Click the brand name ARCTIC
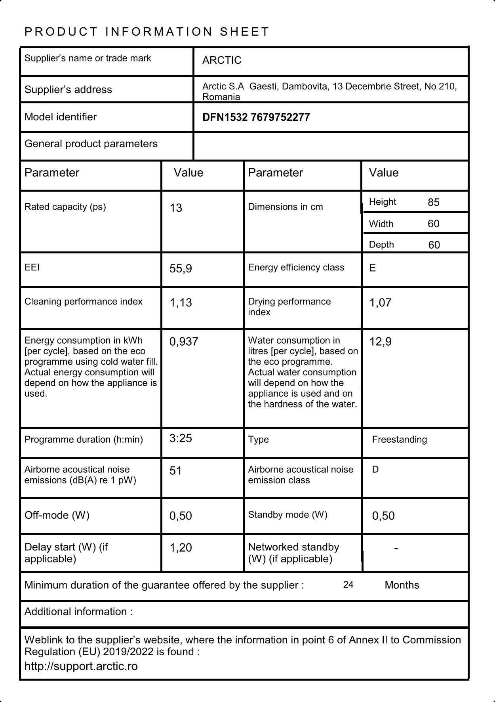[222, 60]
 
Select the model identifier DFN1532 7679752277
[256, 117]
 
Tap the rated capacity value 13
[176, 208]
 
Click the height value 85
[434, 202]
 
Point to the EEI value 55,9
[181, 269]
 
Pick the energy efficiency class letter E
[372, 268]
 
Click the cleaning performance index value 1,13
[181, 303]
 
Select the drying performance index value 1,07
[380, 303]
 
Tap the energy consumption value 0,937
[184, 342]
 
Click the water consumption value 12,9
[380, 342]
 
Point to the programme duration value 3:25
[181, 438]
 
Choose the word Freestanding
[399, 439]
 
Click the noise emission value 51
[175, 471]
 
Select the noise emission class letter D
[375, 470]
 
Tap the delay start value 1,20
[181, 548]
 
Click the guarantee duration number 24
[348, 585]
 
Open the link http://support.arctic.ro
[81, 666]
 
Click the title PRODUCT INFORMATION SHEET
[147, 32]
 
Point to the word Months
[402, 585]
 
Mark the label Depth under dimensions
[381, 245]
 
